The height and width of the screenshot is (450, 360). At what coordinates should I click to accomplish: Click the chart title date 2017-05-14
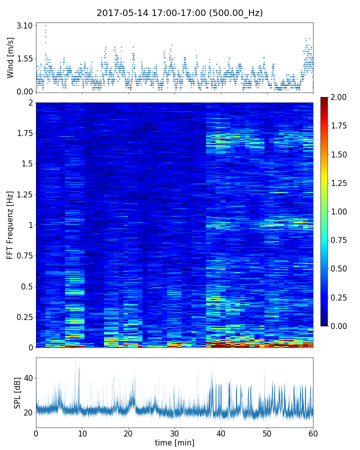pyautogui.click(x=119, y=13)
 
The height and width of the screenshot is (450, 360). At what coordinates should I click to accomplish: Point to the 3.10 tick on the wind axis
pyautogui.click(x=25, y=25)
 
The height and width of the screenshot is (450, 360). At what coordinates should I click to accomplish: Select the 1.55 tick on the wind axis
pyautogui.click(x=25, y=58)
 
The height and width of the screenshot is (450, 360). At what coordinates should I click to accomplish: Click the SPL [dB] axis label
pyautogui.click(x=17, y=392)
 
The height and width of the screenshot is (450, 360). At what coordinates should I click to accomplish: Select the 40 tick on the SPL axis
pyautogui.click(x=28, y=378)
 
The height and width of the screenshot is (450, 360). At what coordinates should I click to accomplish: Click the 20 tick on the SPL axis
pyautogui.click(x=28, y=413)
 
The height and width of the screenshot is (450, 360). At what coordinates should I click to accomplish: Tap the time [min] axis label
pyautogui.click(x=174, y=442)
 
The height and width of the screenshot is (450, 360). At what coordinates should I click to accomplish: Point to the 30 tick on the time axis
pyautogui.click(x=174, y=432)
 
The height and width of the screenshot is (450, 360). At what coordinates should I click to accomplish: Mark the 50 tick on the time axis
pyautogui.click(x=267, y=432)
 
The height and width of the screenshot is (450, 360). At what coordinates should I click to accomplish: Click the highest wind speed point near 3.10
pyautogui.click(x=45, y=25)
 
